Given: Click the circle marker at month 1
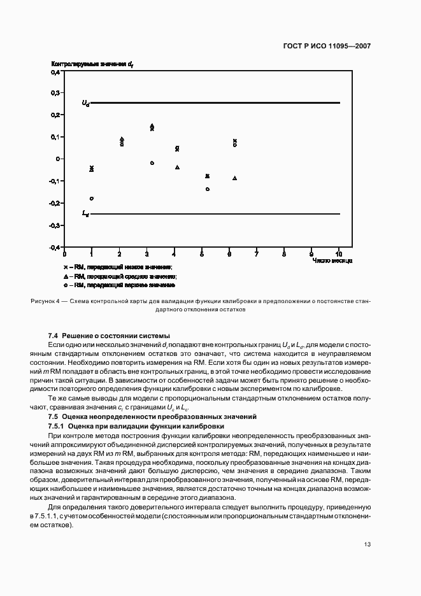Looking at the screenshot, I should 92,199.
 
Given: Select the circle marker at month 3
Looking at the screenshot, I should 152,163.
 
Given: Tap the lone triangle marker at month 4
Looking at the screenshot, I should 177,167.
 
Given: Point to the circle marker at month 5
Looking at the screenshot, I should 208,189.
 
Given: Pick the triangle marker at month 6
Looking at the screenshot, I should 235,178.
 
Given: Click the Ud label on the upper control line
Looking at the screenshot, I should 85,103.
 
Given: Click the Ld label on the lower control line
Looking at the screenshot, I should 85,214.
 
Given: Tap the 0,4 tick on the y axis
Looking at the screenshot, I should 55,73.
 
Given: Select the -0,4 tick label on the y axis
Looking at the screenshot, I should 54,247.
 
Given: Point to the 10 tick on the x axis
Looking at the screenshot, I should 339,253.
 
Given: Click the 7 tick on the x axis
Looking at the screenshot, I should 257,253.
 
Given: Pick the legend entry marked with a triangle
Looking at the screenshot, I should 120,277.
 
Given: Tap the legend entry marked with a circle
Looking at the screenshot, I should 120,287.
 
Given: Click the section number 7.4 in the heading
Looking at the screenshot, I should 54,336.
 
